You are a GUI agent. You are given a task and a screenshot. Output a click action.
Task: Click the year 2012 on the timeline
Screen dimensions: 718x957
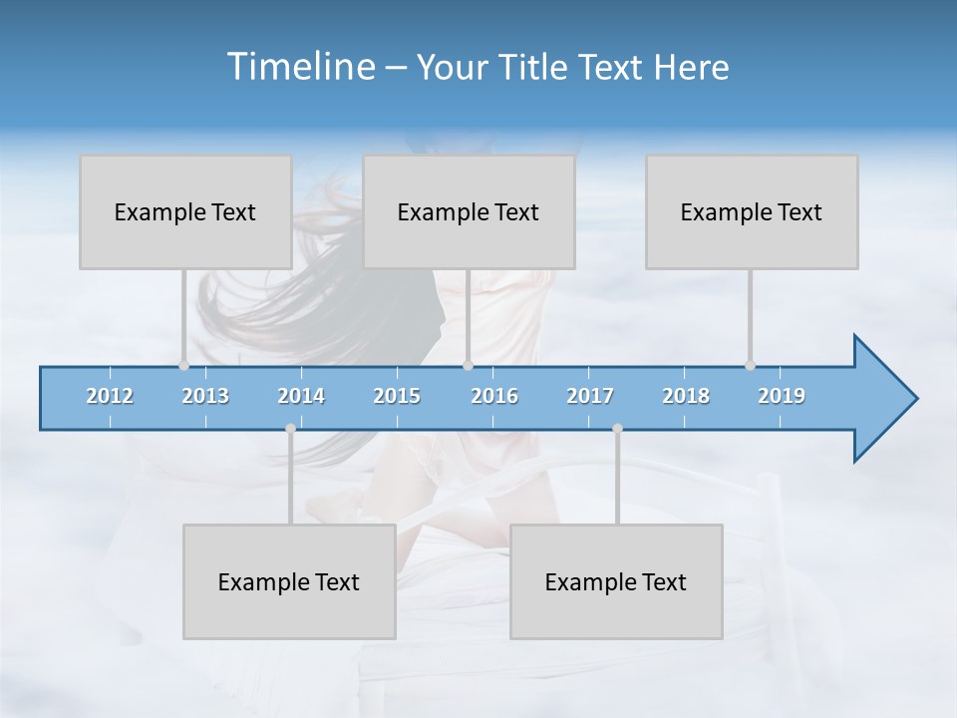(x=110, y=396)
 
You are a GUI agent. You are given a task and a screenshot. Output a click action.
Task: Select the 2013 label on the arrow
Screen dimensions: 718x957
(x=205, y=396)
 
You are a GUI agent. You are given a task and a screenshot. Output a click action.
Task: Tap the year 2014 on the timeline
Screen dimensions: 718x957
(x=301, y=396)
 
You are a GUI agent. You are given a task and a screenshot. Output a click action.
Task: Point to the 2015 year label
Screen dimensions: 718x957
(x=397, y=396)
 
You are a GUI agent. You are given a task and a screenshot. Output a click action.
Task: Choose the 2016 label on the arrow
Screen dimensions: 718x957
(x=494, y=396)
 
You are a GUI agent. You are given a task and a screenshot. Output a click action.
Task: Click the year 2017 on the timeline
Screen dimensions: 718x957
(x=590, y=396)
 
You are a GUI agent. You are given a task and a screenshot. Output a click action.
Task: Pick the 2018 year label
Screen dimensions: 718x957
(x=686, y=396)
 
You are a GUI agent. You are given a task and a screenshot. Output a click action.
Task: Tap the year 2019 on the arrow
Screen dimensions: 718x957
(x=782, y=396)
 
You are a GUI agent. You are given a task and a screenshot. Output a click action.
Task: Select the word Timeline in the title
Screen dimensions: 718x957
(x=299, y=67)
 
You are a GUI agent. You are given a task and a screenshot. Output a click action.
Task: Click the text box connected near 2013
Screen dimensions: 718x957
(x=185, y=211)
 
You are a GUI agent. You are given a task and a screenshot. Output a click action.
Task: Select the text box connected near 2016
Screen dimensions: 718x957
(x=469, y=211)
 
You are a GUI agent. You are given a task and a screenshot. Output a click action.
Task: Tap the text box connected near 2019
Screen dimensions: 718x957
(x=752, y=211)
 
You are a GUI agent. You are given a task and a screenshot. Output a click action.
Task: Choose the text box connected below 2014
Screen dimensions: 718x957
(x=289, y=581)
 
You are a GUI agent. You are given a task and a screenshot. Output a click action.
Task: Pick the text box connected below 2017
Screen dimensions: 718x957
(x=616, y=581)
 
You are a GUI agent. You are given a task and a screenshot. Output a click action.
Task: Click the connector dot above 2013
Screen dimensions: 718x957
(x=183, y=365)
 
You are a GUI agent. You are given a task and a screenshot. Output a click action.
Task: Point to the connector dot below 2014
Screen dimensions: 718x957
(x=290, y=428)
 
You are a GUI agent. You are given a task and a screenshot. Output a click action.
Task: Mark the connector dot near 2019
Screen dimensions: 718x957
(x=750, y=365)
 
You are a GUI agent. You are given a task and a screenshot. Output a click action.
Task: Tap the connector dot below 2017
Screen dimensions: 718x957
(x=617, y=428)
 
